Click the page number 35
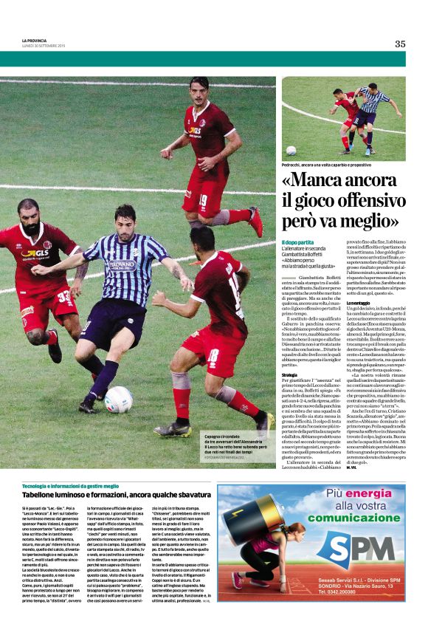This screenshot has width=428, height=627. pyautogui.click(x=400, y=44)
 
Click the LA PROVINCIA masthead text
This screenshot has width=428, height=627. pyautogui.click(x=35, y=41)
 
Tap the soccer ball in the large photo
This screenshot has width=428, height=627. pyautogui.click(x=117, y=399)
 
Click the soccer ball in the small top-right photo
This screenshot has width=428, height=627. pyautogui.click(x=291, y=149)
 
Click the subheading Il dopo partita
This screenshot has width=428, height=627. pyautogui.click(x=298, y=243)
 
